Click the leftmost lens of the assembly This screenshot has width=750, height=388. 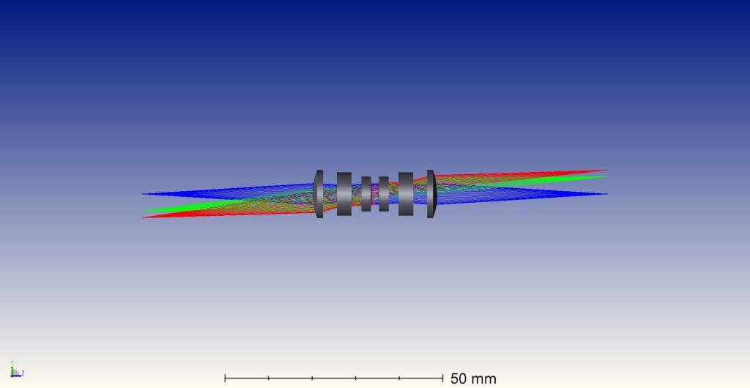pyautogui.click(x=319, y=193)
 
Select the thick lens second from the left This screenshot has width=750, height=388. pyautogui.click(x=344, y=193)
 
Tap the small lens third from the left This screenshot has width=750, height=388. pyautogui.click(x=366, y=193)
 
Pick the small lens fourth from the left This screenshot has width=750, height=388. pyautogui.click(x=384, y=193)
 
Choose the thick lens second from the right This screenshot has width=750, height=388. pyautogui.click(x=406, y=193)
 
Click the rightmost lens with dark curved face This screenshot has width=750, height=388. pyautogui.click(x=431, y=193)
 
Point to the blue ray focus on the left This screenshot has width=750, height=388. pyautogui.click(x=143, y=193)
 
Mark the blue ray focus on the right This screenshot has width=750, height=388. pyautogui.click(x=607, y=193)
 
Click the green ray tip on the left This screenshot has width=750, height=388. pyautogui.click(x=144, y=211)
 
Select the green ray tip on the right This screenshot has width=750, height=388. pyautogui.click(x=606, y=177)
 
